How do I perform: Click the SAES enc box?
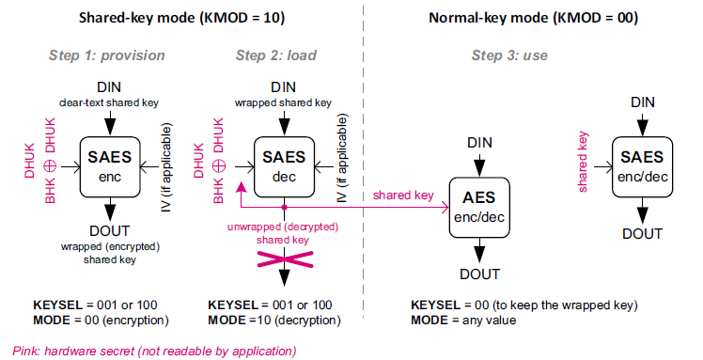[110, 166]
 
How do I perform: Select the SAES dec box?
[284, 166]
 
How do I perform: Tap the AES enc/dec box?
[479, 208]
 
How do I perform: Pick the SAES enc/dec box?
[643, 166]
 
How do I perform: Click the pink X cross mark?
[285, 259]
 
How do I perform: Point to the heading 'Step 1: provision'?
[107, 55]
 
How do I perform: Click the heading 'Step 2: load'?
[276, 55]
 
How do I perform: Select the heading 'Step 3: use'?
[509, 55]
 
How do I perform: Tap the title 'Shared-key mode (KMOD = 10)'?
[181, 18]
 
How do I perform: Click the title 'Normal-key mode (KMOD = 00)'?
[534, 18]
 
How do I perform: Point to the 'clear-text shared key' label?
[109, 102]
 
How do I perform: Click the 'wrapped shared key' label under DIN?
[283, 102]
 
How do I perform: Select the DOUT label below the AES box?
[479, 274]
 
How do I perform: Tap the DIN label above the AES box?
[479, 143]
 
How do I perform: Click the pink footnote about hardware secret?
[154, 351]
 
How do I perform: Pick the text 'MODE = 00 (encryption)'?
[101, 321]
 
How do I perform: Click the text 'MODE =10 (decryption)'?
[274, 321]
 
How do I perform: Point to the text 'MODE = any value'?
[463, 321]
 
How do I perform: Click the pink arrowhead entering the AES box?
[445, 208]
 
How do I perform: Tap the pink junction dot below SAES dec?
[284, 208]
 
